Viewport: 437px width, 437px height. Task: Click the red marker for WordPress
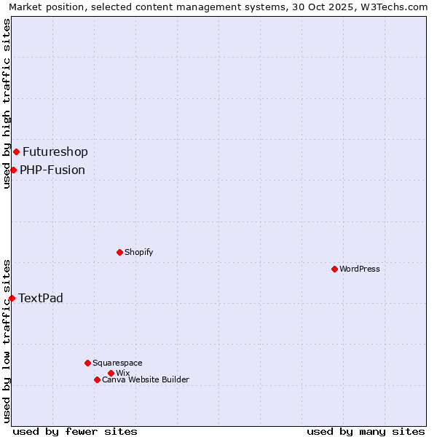[334, 269]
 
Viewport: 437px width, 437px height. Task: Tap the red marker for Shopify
[119, 252]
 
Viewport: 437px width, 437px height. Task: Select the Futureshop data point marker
[16, 151]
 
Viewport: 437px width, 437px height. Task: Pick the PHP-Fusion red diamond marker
[13, 170]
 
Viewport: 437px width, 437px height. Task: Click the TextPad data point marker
[12, 298]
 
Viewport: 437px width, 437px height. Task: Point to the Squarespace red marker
[87, 363]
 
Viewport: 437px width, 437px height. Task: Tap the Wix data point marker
[111, 373]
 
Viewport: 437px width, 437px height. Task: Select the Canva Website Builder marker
[97, 379]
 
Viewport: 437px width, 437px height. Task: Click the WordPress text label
[360, 269]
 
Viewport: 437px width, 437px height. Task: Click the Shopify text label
[138, 252]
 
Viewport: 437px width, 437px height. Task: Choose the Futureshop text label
[55, 152]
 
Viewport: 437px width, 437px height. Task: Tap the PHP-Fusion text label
[52, 170]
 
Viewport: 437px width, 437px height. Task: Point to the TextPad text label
[41, 299]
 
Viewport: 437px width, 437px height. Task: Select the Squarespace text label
[117, 363]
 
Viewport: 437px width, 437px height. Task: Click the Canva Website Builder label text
[146, 379]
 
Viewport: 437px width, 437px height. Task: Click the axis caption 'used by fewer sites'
[75, 431]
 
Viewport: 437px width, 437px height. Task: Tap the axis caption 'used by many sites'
[366, 431]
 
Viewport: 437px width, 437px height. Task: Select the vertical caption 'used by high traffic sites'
[7, 103]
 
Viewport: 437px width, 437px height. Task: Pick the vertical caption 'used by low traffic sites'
[7, 341]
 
